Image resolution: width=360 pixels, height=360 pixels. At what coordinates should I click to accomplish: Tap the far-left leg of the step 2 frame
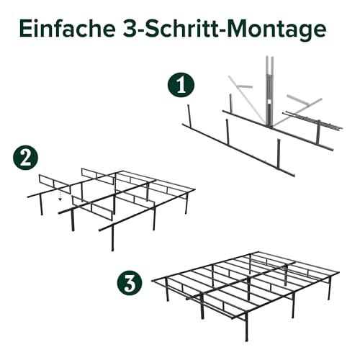pyautogui.click(x=41, y=207)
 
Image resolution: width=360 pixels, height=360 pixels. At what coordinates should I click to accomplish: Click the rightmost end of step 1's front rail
pyautogui.click(x=292, y=172)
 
